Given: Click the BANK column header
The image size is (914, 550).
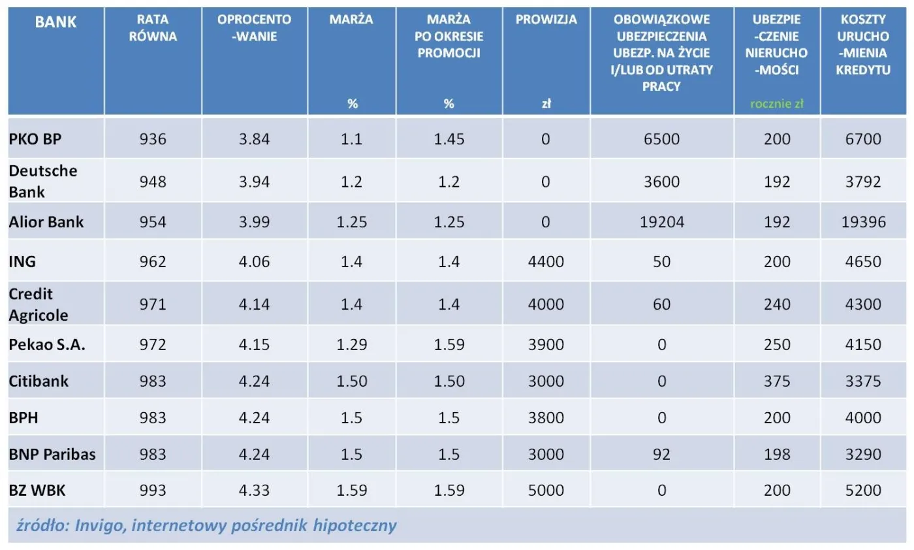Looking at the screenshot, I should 55,22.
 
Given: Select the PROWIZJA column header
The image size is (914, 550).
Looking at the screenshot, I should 546,20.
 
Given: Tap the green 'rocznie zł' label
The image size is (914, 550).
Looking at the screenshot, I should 776,104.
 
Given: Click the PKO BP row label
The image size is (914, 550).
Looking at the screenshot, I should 35,139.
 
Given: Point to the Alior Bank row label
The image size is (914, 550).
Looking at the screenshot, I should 46,222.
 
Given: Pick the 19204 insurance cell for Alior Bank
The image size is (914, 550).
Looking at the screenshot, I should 661,222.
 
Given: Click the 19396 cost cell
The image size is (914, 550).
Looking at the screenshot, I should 863,222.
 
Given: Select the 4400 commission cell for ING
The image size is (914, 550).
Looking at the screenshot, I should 546,262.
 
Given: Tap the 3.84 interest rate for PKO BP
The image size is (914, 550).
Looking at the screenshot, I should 254,139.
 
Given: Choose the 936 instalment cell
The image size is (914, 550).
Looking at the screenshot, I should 153,139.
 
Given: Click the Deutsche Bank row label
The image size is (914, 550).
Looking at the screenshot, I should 43,181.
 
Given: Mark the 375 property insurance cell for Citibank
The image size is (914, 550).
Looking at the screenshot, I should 776,381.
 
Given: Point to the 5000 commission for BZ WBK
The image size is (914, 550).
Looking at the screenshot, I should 546,490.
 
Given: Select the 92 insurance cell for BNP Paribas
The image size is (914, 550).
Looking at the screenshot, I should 661,454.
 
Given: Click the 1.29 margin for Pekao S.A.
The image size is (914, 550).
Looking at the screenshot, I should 351,344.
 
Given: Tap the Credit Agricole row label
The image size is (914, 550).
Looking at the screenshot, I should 39,304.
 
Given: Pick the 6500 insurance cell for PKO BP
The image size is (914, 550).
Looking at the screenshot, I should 661,139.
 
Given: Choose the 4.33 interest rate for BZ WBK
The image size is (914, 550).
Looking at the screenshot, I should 254,490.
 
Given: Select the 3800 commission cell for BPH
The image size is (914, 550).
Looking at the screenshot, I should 546,417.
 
